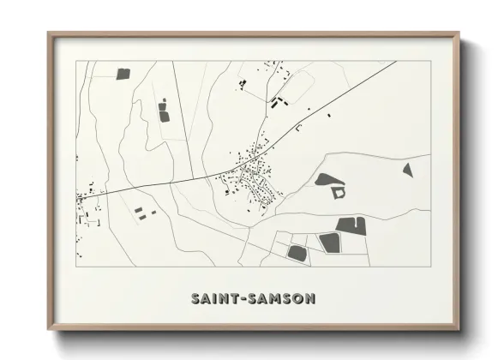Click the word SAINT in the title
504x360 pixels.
click(213, 298)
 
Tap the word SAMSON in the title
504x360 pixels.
click(281, 298)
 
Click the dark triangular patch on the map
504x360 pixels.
click(408, 170)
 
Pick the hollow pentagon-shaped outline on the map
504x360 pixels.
click(340, 193)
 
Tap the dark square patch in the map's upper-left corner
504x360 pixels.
click(123, 75)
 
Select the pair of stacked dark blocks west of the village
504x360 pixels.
click(164, 111)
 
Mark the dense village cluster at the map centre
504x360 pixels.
click(254, 178)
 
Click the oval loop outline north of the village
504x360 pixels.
click(297, 86)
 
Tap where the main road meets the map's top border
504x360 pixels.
click(395, 62)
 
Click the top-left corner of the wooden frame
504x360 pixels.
click(49, 33)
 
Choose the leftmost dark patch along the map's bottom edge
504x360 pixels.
click(297, 253)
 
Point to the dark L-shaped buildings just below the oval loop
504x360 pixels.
click(276, 102)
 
